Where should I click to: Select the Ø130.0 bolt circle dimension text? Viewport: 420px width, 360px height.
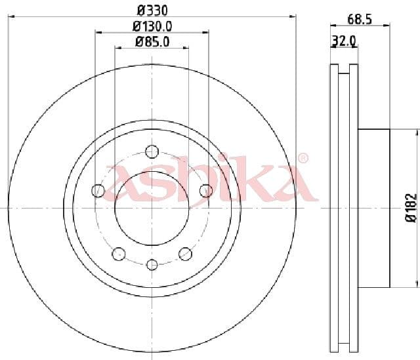[x=152, y=26]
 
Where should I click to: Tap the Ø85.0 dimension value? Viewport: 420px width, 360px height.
[x=152, y=42]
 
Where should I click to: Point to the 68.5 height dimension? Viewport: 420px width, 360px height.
[x=360, y=20]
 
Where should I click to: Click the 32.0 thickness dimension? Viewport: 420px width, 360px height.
[x=344, y=41]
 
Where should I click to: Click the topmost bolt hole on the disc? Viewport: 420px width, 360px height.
[x=152, y=151]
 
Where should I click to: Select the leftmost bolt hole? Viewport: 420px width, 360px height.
[x=98, y=191]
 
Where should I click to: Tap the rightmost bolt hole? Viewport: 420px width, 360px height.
[x=205, y=191]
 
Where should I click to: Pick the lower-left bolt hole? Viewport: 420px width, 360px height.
[x=119, y=253]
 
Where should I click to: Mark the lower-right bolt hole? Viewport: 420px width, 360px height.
[x=185, y=253]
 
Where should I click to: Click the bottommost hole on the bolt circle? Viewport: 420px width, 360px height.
[x=152, y=264]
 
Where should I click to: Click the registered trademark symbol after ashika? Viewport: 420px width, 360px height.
[x=303, y=158]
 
